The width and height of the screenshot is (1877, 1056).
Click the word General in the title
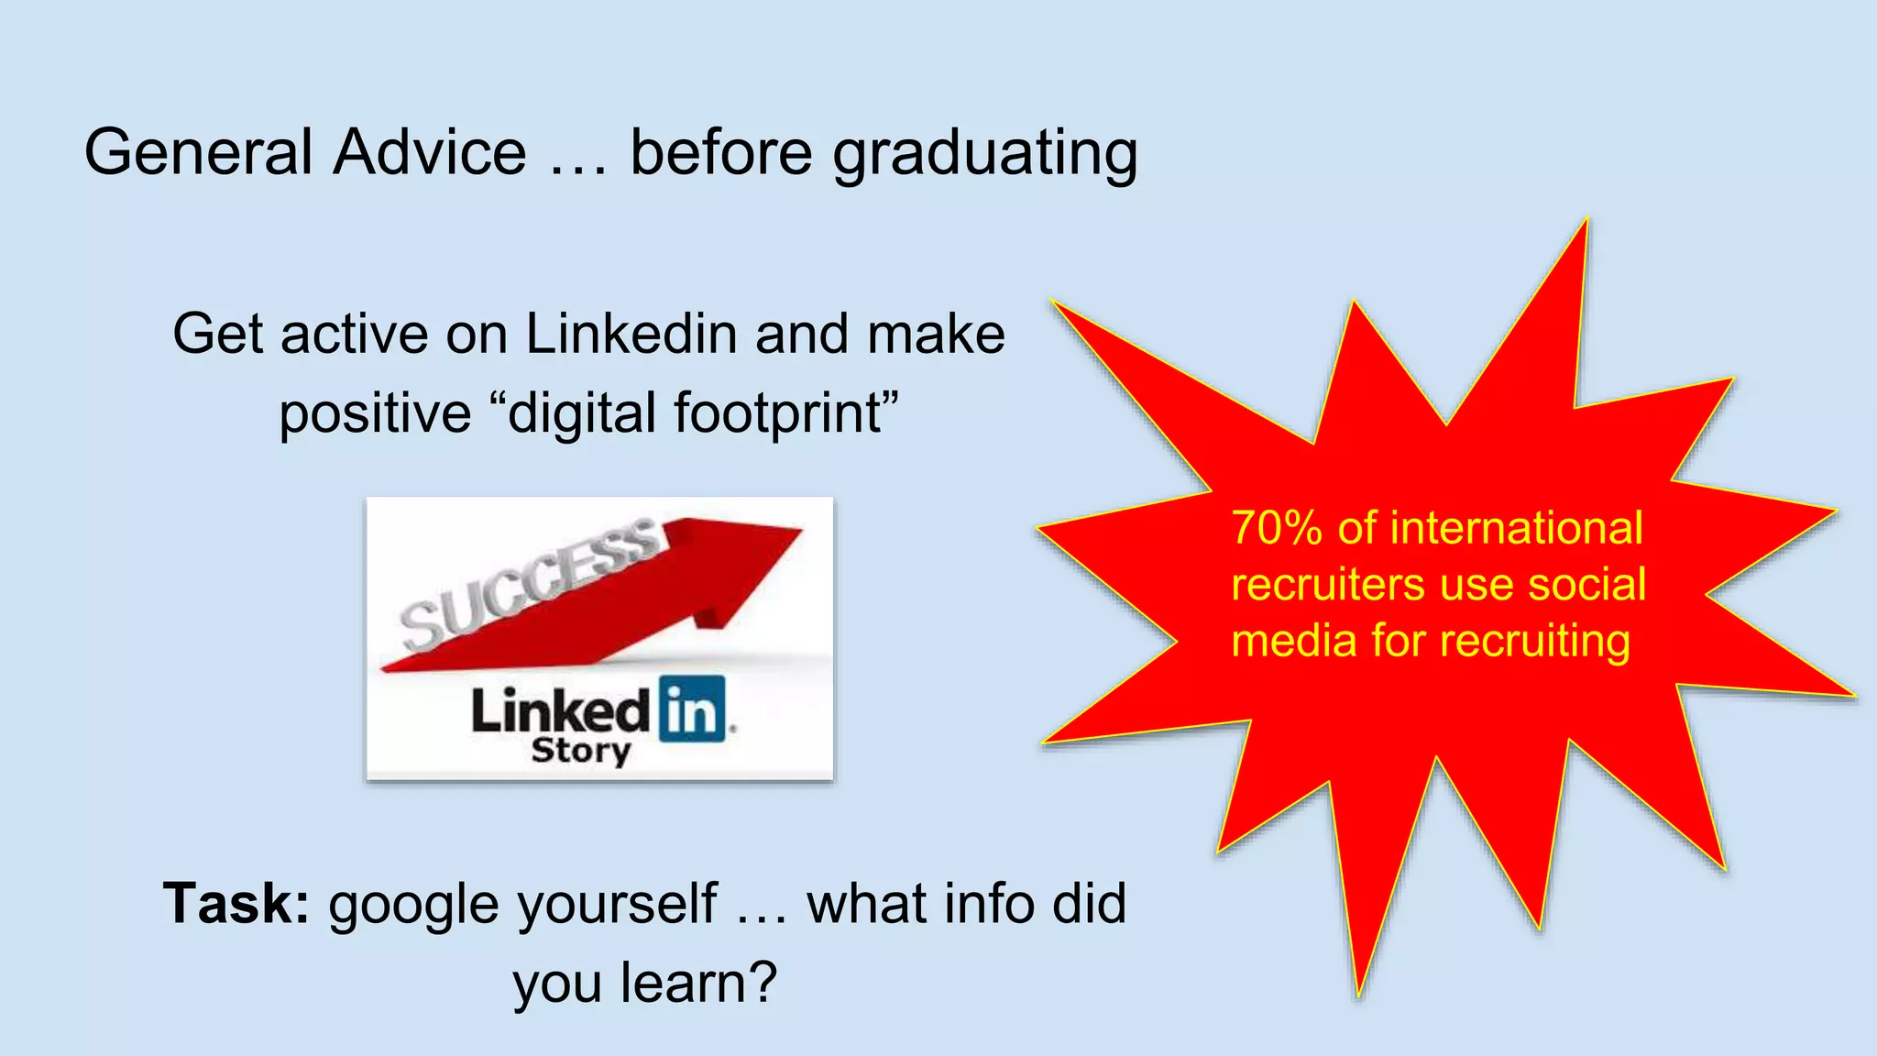[x=199, y=152]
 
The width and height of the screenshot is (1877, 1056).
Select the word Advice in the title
[x=430, y=152]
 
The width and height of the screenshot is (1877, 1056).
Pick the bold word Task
[x=236, y=904]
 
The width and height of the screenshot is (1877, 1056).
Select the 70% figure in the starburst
[x=1277, y=529]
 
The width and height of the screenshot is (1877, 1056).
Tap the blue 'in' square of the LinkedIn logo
[x=692, y=709]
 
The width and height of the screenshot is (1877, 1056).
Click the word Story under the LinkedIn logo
[x=581, y=752]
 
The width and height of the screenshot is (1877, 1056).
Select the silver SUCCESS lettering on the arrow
[x=530, y=583]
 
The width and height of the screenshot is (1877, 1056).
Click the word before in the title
[x=721, y=152]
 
